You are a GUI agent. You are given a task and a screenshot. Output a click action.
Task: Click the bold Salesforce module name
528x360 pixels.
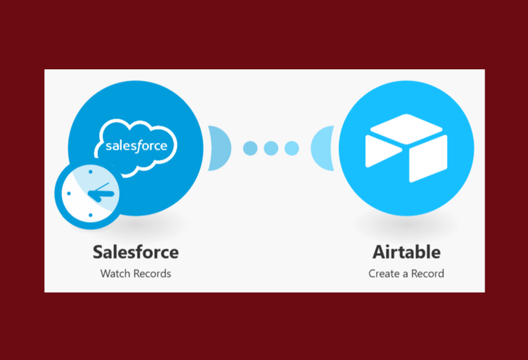tap(135, 251)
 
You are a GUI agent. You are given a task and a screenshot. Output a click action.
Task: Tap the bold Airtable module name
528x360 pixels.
tap(406, 251)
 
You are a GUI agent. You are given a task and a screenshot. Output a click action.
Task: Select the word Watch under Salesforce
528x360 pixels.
tap(115, 273)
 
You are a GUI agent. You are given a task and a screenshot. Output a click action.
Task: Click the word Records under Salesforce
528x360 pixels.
tap(152, 273)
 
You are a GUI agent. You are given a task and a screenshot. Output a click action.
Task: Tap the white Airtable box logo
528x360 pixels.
tap(406, 148)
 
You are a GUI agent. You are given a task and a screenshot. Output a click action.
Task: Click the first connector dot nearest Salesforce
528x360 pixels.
tap(250, 148)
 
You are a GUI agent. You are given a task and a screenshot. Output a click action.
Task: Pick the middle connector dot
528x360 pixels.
tap(271, 148)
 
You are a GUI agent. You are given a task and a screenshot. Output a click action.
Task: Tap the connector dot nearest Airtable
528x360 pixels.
tap(292, 148)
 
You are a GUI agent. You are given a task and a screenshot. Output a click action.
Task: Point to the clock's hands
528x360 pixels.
tap(100, 192)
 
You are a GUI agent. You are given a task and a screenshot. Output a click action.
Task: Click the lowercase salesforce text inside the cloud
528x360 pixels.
tap(137, 145)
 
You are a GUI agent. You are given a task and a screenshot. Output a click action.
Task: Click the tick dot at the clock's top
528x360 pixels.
tap(90, 172)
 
